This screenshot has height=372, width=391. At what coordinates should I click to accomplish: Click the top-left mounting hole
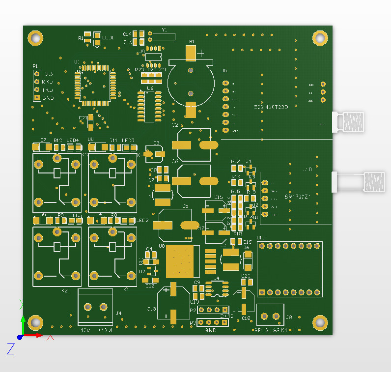pyautogui.click(x=35, y=37)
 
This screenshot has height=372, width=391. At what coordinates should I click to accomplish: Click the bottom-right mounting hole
pyautogui.click(x=320, y=323)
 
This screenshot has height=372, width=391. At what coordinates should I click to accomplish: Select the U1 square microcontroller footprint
pyautogui.click(x=95, y=85)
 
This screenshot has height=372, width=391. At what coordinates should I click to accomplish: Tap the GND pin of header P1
pyautogui.click(x=37, y=98)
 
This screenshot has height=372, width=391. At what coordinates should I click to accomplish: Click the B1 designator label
pyautogui.click(x=192, y=42)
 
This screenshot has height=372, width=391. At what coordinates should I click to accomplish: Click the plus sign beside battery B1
pyautogui.click(x=200, y=53)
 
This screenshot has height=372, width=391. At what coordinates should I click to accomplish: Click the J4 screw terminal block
pyautogui.click(x=96, y=307)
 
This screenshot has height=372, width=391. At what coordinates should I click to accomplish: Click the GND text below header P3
pyautogui.click(x=211, y=331)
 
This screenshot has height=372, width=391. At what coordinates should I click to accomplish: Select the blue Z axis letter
pyautogui.click(x=11, y=349)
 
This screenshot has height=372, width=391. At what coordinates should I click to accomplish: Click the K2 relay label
pyautogui.click(x=64, y=291)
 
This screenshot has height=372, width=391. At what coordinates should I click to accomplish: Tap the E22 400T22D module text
pyautogui.click(x=270, y=107)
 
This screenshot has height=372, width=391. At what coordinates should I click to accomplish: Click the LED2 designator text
pyautogui.click(x=142, y=221)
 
